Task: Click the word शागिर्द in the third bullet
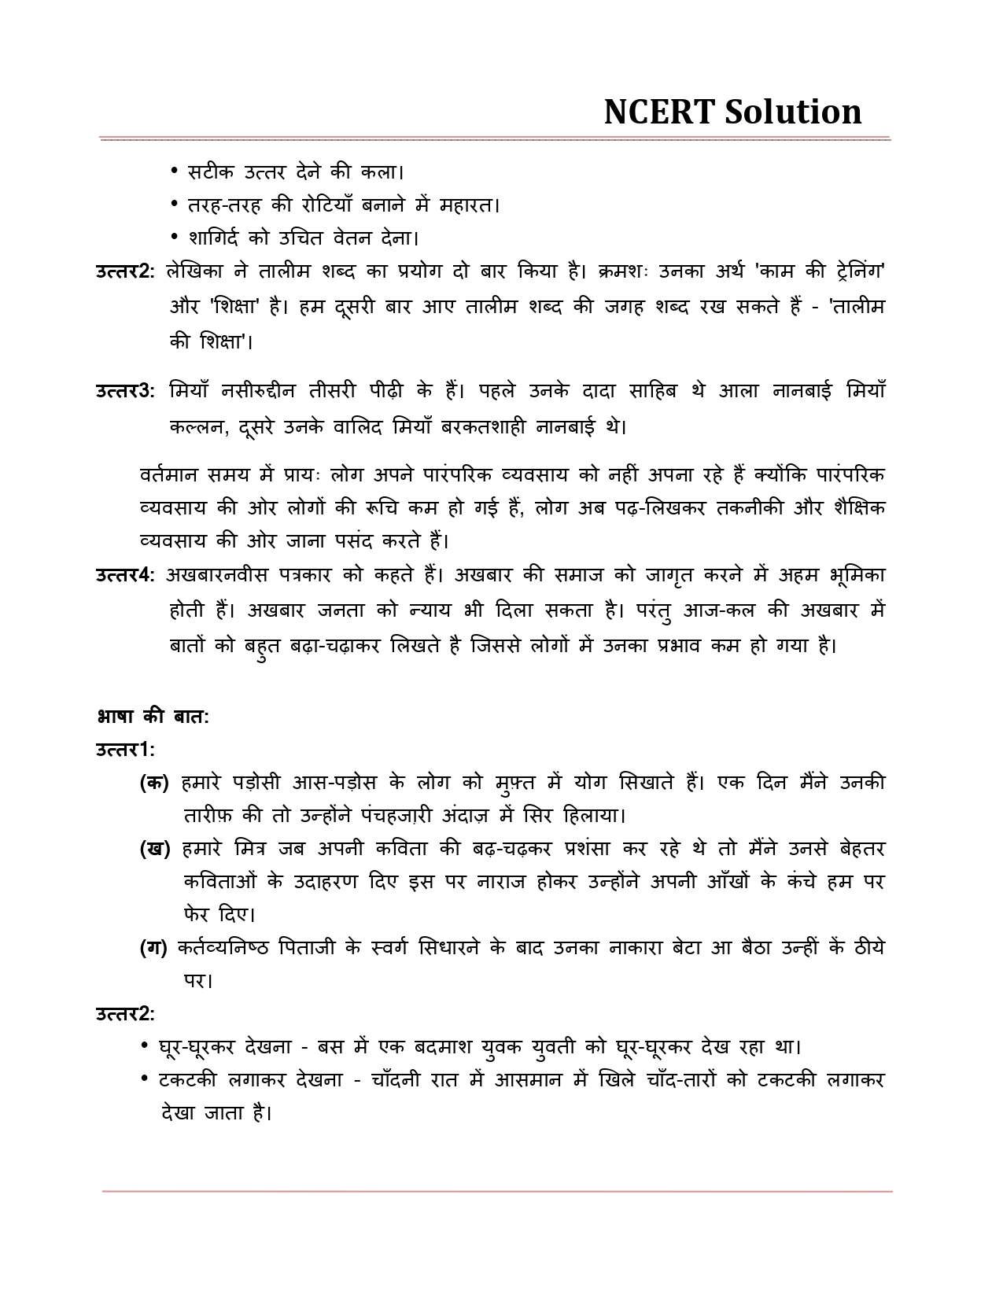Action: click(214, 238)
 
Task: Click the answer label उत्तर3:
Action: click(125, 391)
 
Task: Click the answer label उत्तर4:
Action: click(125, 575)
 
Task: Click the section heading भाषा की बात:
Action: click(153, 717)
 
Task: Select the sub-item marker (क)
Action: click(154, 783)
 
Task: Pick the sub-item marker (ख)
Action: click(155, 849)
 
